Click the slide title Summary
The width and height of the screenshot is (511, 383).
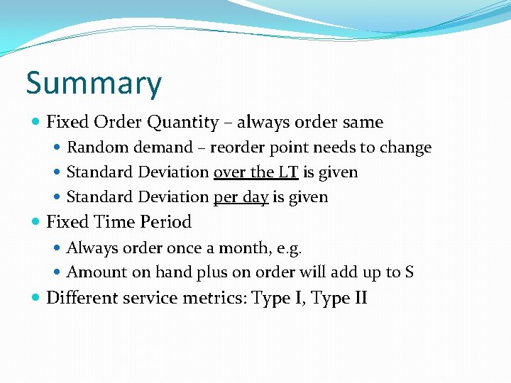[x=94, y=84]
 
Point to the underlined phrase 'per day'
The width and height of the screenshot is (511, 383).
[x=241, y=197]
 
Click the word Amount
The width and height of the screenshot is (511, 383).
[x=92, y=272]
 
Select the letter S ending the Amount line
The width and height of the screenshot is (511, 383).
[x=409, y=272]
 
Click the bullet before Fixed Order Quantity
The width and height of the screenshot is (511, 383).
[x=37, y=123]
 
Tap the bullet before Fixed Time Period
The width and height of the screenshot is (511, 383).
[x=37, y=223]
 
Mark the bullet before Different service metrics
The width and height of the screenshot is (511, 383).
[x=37, y=298]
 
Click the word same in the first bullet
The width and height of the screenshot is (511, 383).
[x=363, y=123]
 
